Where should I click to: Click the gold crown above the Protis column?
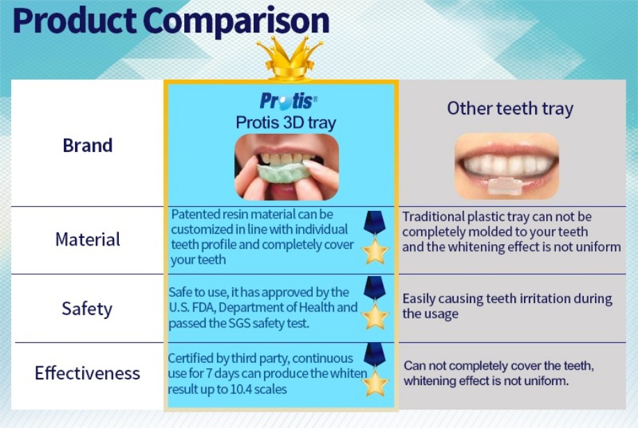tap(290, 59)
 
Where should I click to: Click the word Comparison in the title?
tap(236, 21)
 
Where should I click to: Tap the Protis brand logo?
tap(288, 101)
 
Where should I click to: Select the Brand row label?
tap(88, 146)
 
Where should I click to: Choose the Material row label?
tap(88, 239)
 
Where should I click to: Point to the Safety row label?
tap(87, 309)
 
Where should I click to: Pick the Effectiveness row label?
tap(88, 373)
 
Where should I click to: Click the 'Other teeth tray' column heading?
tap(510, 108)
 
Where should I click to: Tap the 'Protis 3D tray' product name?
tap(286, 123)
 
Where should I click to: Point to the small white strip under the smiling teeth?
tap(505, 186)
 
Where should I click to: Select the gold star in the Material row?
tap(375, 251)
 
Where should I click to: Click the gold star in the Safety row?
tap(375, 316)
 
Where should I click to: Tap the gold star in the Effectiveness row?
tap(375, 382)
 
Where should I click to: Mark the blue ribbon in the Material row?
tap(375, 223)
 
